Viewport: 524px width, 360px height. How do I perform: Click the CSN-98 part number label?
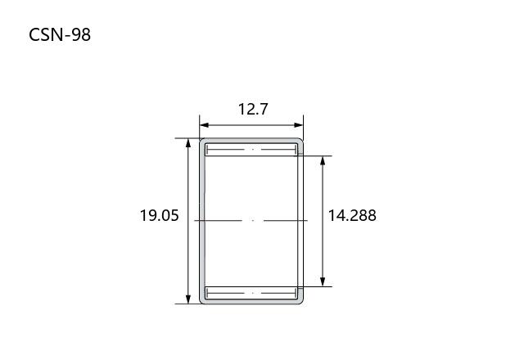click(x=60, y=34)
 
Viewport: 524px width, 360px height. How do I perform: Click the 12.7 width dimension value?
click(x=253, y=109)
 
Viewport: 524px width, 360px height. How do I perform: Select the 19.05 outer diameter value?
click(x=159, y=215)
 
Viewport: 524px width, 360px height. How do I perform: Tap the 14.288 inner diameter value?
click(x=352, y=215)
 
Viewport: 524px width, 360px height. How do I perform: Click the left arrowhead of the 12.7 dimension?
click(x=204, y=125)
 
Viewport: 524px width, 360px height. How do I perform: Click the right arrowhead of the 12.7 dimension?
click(x=299, y=125)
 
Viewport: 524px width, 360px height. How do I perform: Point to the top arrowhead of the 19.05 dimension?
click(x=188, y=143)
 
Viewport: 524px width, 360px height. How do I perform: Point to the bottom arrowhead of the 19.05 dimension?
click(x=188, y=299)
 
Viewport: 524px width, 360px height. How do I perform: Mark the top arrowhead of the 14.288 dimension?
click(x=323, y=160)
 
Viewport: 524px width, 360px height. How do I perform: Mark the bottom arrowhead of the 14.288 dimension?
click(x=323, y=281)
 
